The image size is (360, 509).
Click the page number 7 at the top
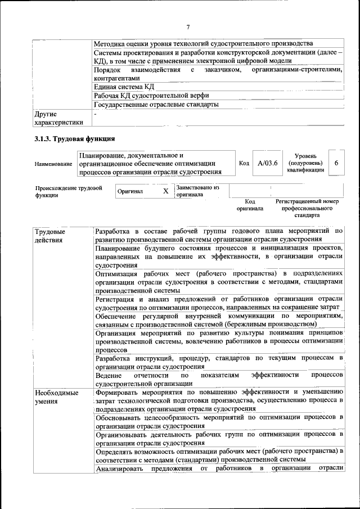click(188, 26)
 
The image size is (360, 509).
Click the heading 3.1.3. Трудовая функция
click(74, 139)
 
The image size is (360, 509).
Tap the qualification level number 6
click(336, 163)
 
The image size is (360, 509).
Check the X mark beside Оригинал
click(165, 191)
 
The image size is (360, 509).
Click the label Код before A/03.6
click(244, 163)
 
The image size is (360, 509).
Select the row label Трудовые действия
click(50, 236)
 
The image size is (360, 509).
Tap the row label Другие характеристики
click(58, 118)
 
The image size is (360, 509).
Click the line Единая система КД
click(124, 87)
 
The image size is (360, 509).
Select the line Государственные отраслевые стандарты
click(156, 105)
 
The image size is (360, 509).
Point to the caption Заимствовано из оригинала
click(197, 191)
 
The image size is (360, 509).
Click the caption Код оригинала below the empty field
click(250, 205)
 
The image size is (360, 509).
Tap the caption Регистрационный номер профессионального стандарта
click(307, 208)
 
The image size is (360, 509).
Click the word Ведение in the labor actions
click(109, 375)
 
